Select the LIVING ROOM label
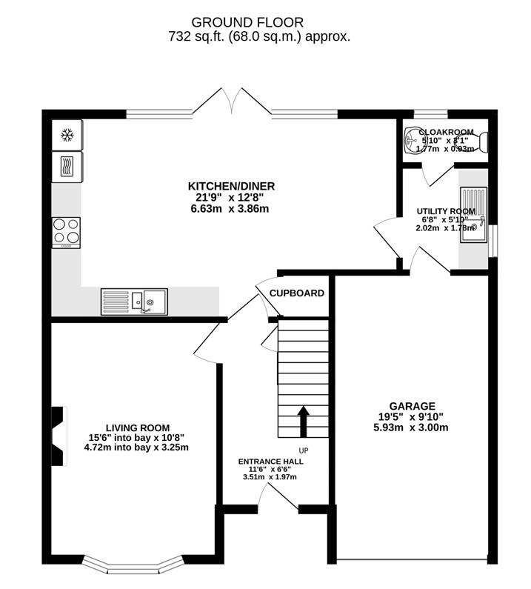click(x=137, y=427)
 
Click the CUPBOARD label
click(x=296, y=293)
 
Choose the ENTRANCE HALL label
click(x=270, y=461)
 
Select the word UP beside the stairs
click(x=303, y=450)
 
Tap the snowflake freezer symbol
click(x=66, y=135)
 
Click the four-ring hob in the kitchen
click(x=66, y=232)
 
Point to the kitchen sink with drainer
click(x=135, y=301)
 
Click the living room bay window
click(x=131, y=564)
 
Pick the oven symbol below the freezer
click(x=66, y=166)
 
